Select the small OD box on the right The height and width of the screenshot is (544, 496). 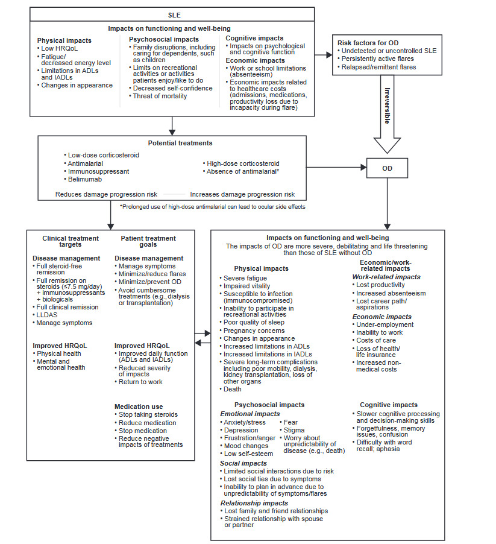pyautogui.click(x=387, y=168)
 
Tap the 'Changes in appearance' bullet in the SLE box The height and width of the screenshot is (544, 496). pyautogui.click(x=77, y=85)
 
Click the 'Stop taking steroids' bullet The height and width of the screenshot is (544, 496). pyautogui.click(x=148, y=414)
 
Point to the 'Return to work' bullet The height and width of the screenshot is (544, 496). pyautogui.click(x=140, y=382)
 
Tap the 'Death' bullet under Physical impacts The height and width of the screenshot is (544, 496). pyautogui.click(x=234, y=389)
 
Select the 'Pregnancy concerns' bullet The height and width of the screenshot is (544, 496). pyautogui.click(x=254, y=331)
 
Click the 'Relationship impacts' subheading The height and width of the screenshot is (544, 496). pyautogui.click(x=254, y=502)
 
